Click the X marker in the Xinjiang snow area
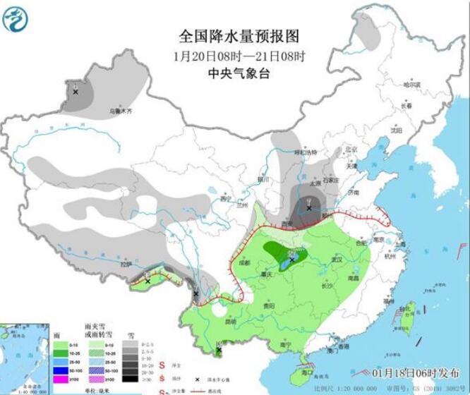pyautogui.click(x=76, y=92)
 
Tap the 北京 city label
pyautogui.click(x=351, y=150)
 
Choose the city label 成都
pyautogui.click(x=245, y=263)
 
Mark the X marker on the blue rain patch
pyautogui.click(x=291, y=259)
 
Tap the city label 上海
pyautogui.click(x=400, y=244)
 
